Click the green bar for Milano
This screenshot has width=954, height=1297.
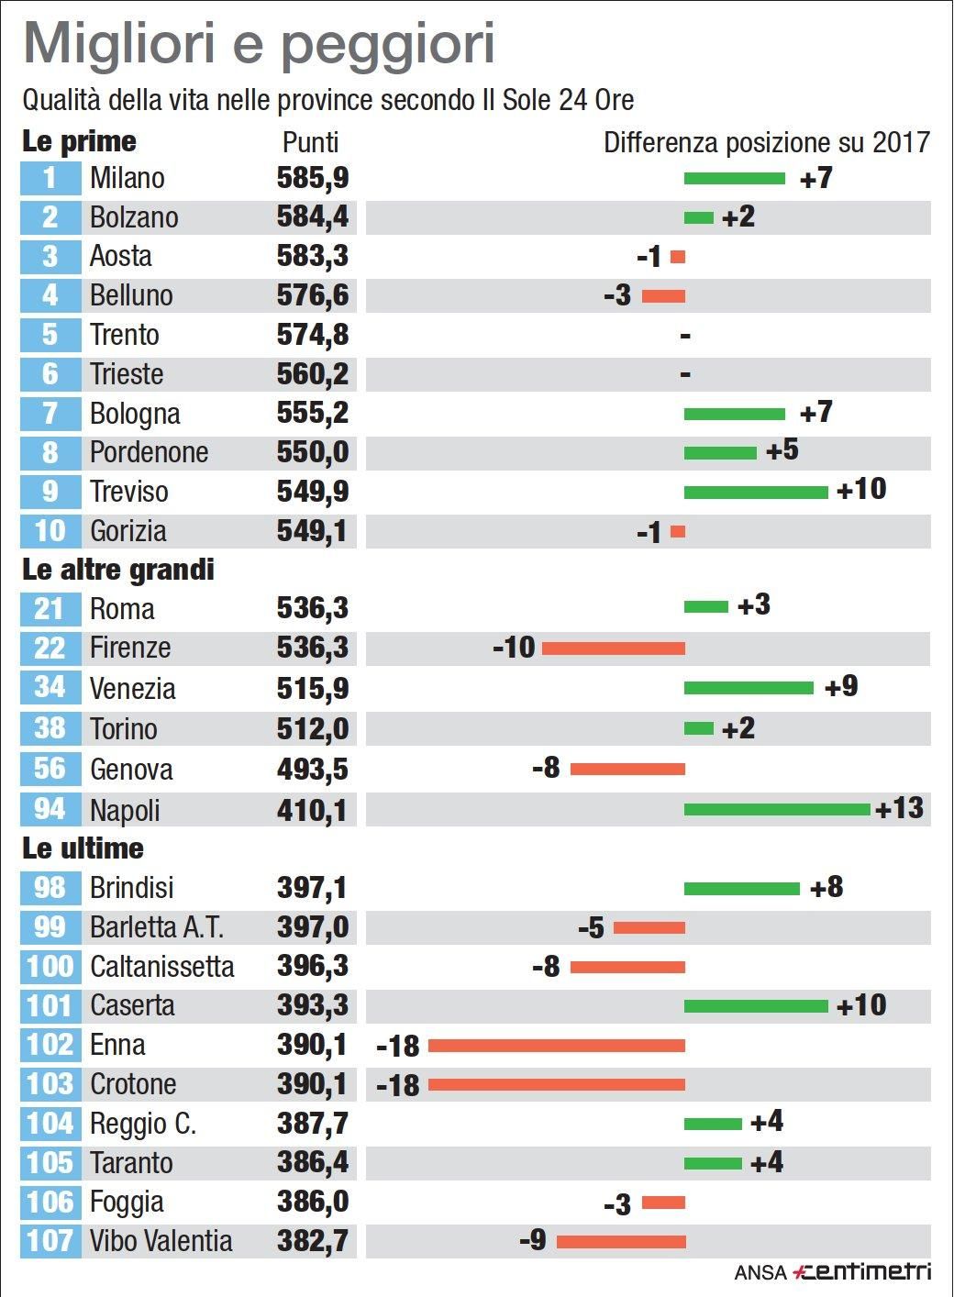[x=734, y=178]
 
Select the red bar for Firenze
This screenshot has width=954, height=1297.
[x=613, y=648]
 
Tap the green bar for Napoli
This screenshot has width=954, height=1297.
[x=776, y=809]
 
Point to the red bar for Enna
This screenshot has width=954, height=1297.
[x=556, y=1046]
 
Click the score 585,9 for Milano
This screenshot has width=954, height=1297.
[x=312, y=178]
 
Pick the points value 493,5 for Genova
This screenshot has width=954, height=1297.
[x=312, y=770]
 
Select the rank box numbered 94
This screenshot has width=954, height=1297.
[x=50, y=809]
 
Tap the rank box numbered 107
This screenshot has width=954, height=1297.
[x=50, y=1241]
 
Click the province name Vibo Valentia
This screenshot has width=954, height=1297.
[x=161, y=1241]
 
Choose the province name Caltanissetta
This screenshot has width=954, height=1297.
[x=161, y=967]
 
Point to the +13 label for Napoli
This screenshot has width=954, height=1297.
[x=899, y=808]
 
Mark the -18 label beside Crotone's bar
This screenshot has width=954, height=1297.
[x=398, y=1085]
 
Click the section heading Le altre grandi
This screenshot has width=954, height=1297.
[x=117, y=570]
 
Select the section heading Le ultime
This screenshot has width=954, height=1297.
[x=83, y=848]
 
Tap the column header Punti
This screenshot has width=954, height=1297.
[x=310, y=142]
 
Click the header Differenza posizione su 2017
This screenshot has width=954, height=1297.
[x=766, y=142]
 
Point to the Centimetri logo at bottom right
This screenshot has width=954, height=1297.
[x=862, y=1271]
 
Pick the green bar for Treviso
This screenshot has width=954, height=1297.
[x=755, y=493]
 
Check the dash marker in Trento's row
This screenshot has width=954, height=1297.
[x=685, y=336]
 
